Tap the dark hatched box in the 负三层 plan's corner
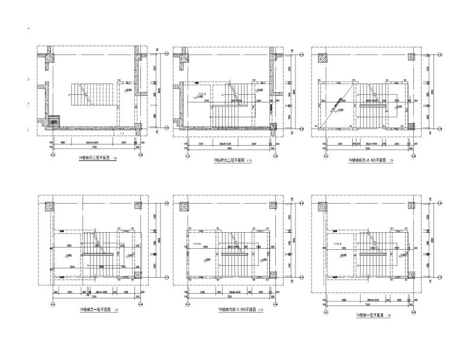click(x=53, y=120)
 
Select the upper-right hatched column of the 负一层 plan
click(x=137, y=207)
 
